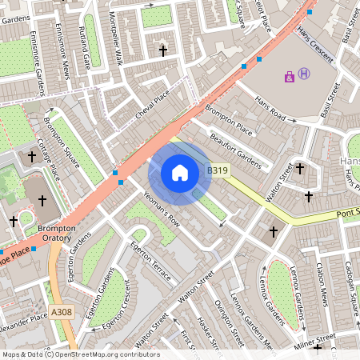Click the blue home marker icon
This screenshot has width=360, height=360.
pos(180,173)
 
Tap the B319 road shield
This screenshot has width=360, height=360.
pos(218,170)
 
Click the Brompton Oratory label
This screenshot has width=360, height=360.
pos(57,234)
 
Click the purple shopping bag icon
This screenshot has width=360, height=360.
pos(289,77)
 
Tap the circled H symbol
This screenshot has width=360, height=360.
pos(304,74)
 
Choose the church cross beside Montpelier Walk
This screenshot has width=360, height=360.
pos(164,51)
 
